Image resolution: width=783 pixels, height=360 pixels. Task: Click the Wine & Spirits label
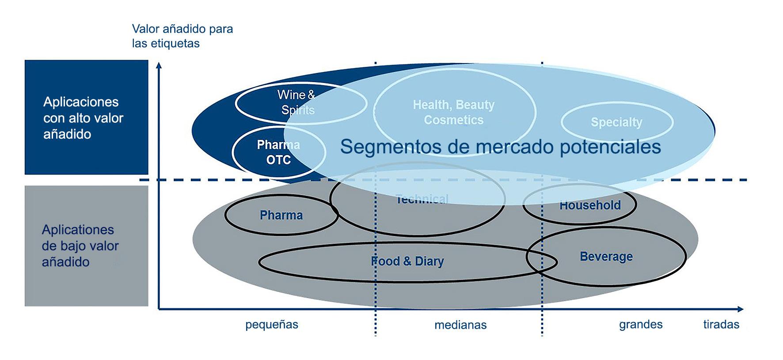(296, 102)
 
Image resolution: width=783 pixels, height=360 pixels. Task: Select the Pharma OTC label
(278, 152)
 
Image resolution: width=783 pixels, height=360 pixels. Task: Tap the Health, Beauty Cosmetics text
(454, 112)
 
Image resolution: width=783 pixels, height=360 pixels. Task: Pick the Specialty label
(616, 122)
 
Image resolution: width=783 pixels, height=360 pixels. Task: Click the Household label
(590, 205)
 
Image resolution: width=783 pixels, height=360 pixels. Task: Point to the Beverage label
(606, 257)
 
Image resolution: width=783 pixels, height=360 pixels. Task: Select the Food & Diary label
(407, 261)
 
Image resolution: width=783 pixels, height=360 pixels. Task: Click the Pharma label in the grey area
(281, 215)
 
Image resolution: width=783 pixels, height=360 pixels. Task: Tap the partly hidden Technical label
(422, 199)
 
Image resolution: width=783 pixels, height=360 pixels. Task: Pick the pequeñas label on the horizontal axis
(272, 325)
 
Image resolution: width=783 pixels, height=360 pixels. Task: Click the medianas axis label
(460, 325)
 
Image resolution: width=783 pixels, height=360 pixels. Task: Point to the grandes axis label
(641, 325)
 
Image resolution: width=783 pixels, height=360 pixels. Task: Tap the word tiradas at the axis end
(721, 325)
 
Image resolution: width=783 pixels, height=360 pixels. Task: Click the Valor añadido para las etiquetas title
(182, 36)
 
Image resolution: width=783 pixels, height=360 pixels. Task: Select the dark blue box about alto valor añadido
(86, 117)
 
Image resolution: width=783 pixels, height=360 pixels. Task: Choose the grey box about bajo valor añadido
(86, 246)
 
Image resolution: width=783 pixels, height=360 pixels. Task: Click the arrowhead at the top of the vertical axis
(159, 65)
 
